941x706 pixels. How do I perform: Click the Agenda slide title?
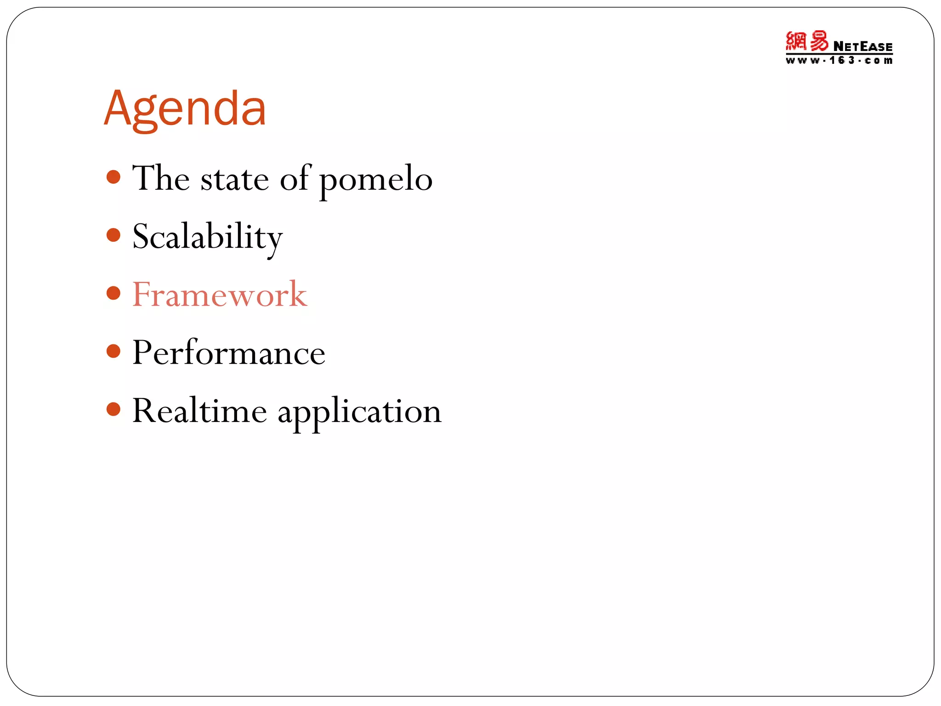185,109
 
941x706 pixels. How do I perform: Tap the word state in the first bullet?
234,179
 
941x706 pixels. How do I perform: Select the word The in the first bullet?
161,178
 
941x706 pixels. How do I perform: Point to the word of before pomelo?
295,178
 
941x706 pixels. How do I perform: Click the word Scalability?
207,237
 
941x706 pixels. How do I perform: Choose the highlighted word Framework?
220,295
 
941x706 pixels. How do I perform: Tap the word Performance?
229,353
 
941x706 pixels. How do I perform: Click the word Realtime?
199,410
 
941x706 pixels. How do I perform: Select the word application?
359,412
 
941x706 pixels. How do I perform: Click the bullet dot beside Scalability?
113,235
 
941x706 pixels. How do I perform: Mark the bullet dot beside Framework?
113,293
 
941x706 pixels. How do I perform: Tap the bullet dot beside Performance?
113,352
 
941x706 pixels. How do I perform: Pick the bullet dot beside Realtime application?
113,409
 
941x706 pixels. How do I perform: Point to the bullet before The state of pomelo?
113,177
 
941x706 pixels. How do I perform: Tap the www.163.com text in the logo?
839,61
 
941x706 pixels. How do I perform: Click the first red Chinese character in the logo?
796,41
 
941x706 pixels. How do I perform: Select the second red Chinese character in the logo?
819,41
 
